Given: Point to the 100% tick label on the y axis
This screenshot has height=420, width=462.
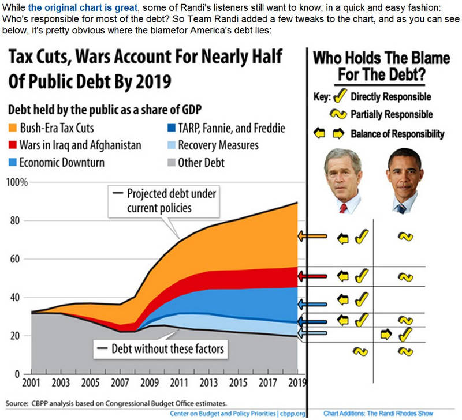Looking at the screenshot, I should click(x=16, y=183).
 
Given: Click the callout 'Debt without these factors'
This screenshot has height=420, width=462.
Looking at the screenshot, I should click(x=160, y=348).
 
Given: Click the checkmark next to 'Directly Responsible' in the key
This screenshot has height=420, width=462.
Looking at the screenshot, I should click(x=340, y=97).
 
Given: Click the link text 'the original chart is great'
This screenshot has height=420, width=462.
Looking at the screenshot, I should click(x=80, y=7).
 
